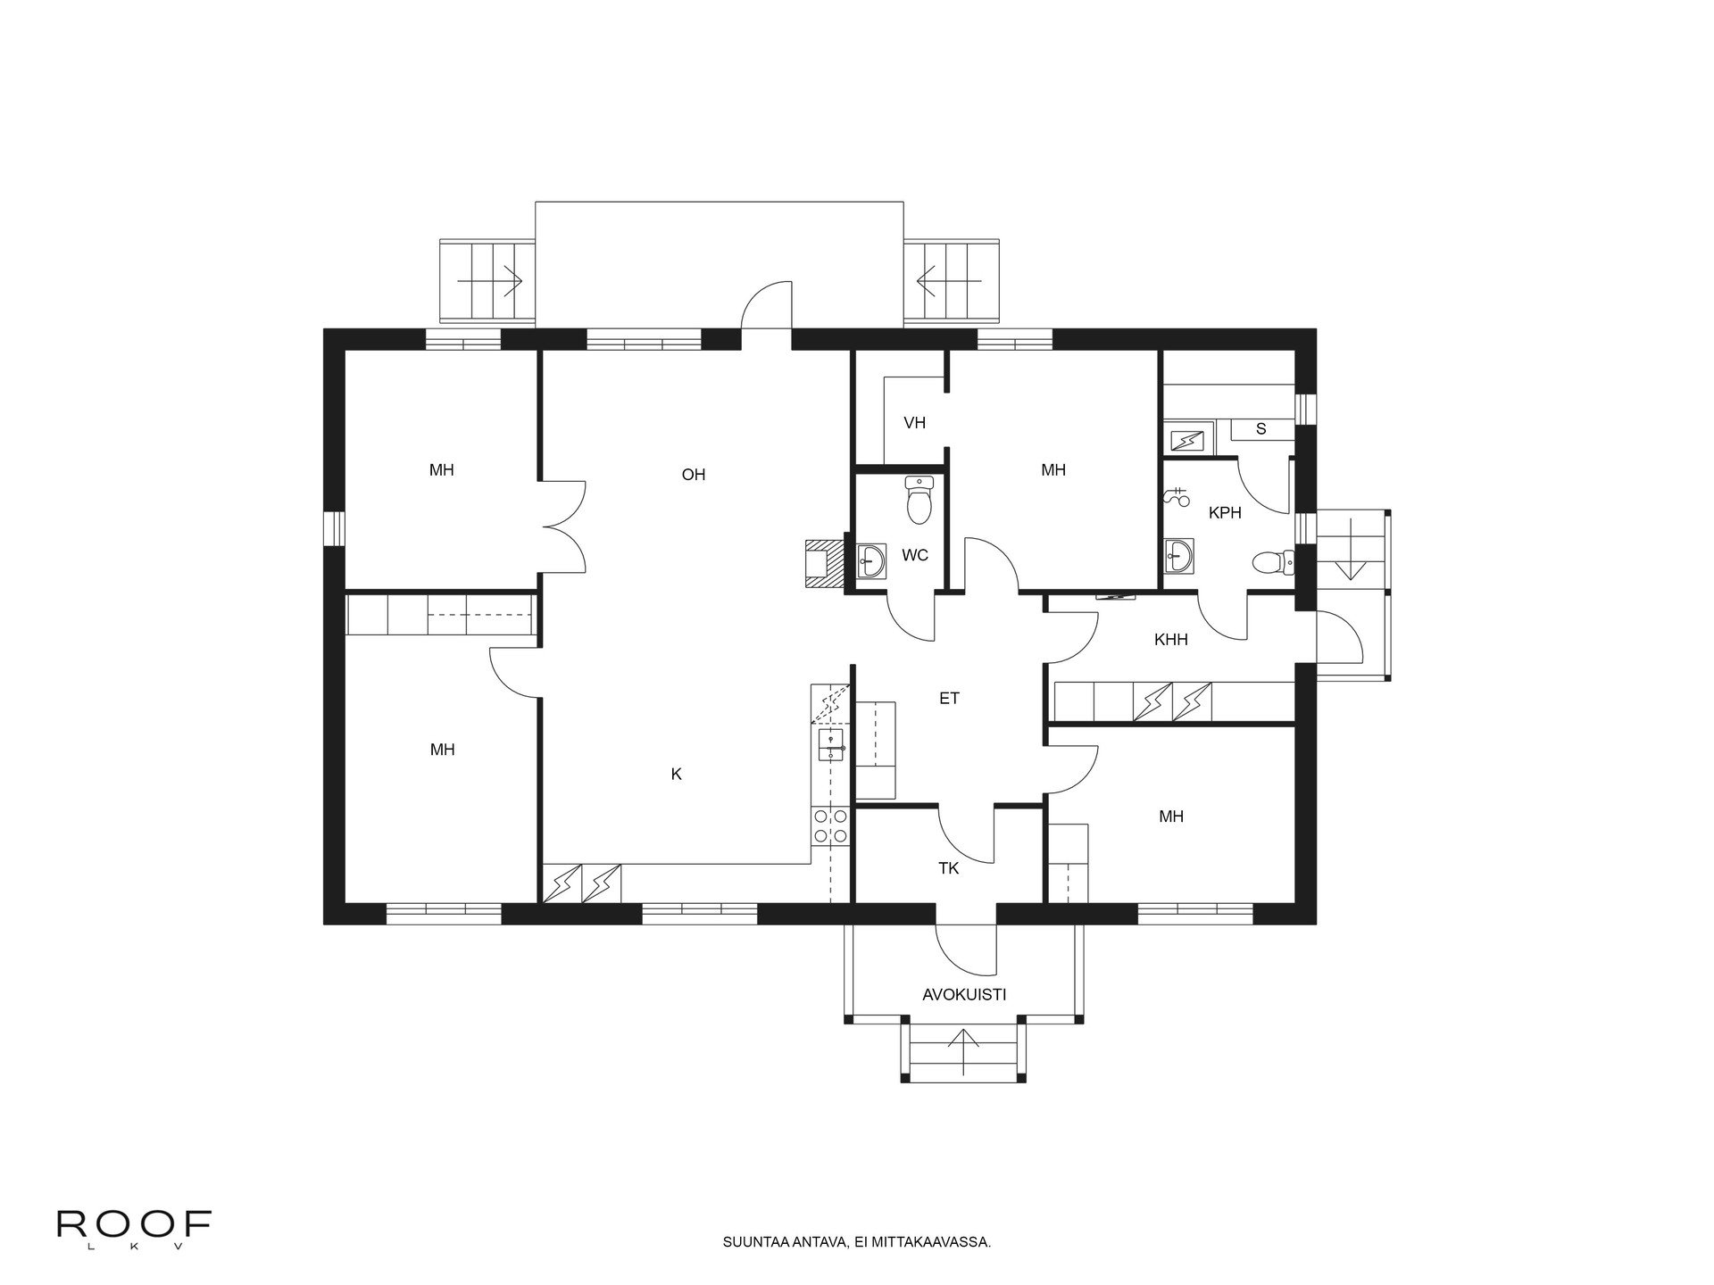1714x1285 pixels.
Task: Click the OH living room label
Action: pos(694,475)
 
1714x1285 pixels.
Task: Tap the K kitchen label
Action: pos(677,775)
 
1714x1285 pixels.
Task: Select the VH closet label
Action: pos(914,423)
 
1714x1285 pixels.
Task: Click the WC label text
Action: pos(915,556)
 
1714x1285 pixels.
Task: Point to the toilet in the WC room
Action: pos(919,500)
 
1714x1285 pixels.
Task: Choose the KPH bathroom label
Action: pos(1225,513)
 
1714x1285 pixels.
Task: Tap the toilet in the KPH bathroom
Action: pos(1273,562)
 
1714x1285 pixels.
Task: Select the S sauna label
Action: pos(1261,429)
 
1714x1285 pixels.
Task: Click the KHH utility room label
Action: pos(1171,640)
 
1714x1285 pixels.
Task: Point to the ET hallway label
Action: pos(949,699)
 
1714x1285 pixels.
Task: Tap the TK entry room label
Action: pos(948,867)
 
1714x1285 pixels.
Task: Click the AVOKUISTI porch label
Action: pos(964,994)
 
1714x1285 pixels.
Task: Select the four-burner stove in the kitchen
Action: pos(829,825)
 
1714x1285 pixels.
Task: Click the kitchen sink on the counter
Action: pos(831,744)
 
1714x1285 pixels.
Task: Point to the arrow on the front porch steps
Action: pos(964,1050)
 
